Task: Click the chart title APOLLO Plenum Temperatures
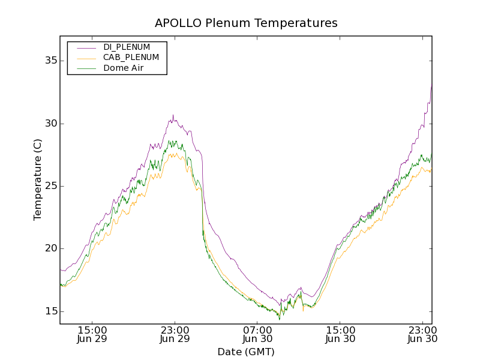click(x=246, y=23)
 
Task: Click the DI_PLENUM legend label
click(x=127, y=47)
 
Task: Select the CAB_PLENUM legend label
click(x=131, y=58)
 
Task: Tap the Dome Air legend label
click(x=124, y=68)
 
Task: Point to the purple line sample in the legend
click(x=85, y=47)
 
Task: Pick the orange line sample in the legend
click(x=85, y=58)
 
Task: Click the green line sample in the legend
click(x=85, y=68)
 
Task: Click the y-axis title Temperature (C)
click(x=38, y=180)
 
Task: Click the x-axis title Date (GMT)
click(x=246, y=352)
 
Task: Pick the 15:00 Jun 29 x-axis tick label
click(x=92, y=334)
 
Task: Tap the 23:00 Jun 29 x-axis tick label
click(x=175, y=334)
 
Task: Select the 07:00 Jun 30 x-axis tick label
click(x=257, y=334)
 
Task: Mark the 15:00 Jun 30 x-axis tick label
click(x=340, y=334)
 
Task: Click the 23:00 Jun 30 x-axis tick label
click(x=422, y=334)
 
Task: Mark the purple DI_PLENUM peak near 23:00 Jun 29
click(x=173, y=116)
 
